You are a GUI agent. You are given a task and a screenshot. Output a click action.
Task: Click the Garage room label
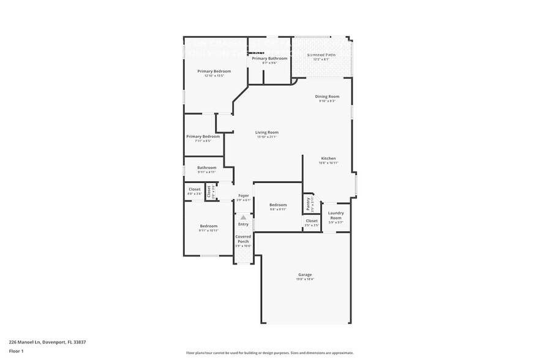(305, 275)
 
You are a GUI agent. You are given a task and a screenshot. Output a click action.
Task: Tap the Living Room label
(267, 132)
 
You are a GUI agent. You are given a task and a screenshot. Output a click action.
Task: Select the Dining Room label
(327, 97)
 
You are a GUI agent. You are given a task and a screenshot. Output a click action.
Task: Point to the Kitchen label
(328, 159)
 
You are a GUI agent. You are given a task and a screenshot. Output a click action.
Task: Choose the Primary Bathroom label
(269, 58)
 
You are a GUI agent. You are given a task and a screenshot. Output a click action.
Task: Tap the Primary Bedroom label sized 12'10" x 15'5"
(214, 72)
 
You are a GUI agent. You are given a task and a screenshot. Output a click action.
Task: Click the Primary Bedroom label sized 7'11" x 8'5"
(203, 137)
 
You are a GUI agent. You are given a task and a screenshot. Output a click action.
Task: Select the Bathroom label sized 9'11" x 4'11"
(206, 168)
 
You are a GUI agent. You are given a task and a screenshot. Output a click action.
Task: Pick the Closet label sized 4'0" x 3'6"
(195, 190)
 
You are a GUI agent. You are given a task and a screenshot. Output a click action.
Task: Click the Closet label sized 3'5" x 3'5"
(312, 221)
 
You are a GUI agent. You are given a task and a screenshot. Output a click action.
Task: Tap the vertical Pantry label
(309, 202)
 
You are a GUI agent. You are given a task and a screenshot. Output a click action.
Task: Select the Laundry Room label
(336, 216)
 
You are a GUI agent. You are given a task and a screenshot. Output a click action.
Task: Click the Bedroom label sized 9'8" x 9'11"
(278, 205)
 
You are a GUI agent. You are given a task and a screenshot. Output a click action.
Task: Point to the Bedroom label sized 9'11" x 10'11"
(208, 227)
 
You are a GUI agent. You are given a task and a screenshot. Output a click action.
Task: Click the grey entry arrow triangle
(243, 217)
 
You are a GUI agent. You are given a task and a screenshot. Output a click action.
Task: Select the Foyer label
(243, 196)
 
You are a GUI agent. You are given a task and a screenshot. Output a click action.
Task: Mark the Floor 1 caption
(16, 351)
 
